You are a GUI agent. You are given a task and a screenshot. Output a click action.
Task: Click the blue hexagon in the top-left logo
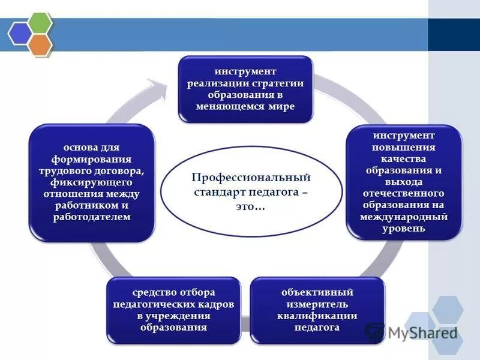tap(19, 34)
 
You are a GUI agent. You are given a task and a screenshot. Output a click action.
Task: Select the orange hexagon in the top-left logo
tap(39, 44)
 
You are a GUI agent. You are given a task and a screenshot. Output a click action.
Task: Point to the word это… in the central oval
tap(251, 206)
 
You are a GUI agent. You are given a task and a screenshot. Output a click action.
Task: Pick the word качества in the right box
tap(404, 159)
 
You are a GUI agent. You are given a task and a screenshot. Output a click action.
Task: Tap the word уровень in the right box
tap(404, 228)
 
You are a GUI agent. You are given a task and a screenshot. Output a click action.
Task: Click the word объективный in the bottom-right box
tap(317, 293)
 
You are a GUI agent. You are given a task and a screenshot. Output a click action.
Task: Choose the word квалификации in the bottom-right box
tap(317, 316)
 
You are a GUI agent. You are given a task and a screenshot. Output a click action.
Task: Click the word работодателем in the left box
tap(92, 217)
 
